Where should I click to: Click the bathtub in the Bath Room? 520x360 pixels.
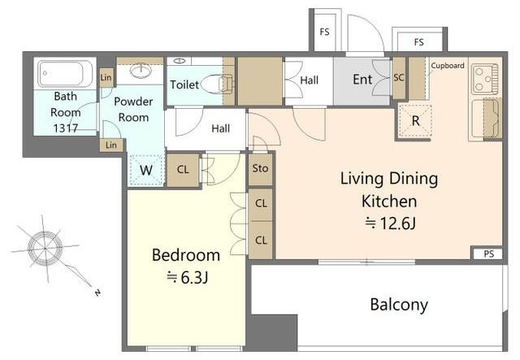[x=65, y=74]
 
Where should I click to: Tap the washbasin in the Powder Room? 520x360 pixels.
[x=141, y=71]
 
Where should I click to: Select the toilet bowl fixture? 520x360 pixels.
[x=216, y=85]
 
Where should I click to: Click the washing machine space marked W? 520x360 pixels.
[x=146, y=170]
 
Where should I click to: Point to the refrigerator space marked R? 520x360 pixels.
[x=415, y=121]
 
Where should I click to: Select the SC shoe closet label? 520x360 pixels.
[x=399, y=77]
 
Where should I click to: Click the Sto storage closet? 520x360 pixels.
[x=260, y=168]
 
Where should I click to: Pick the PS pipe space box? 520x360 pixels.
[x=487, y=254]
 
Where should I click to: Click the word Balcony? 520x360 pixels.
[x=399, y=305]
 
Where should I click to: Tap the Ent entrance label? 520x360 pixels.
[x=362, y=80]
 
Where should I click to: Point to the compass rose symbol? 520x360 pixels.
[x=45, y=248]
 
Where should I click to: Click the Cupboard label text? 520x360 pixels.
[x=448, y=66]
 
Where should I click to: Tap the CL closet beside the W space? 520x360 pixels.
[x=183, y=170]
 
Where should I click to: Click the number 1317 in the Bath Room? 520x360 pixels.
[x=66, y=128]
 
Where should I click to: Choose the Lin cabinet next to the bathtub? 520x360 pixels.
[x=106, y=78]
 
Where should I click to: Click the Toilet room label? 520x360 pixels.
[x=184, y=85]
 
